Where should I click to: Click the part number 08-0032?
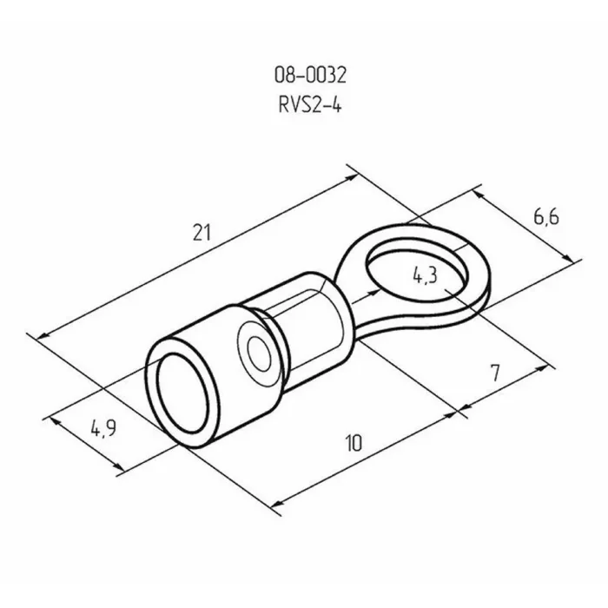point(310,75)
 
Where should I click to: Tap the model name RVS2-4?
point(310,105)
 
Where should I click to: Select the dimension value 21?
point(202,233)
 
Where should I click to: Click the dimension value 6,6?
point(546,217)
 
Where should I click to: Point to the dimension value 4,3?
point(425,275)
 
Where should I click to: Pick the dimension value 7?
point(495,373)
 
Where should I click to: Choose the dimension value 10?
point(354,443)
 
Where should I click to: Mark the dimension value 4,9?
point(103,428)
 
